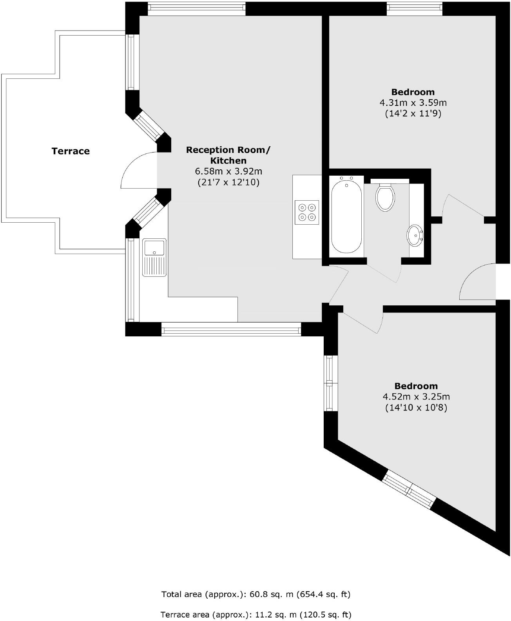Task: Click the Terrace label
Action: pyautogui.click(x=71, y=151)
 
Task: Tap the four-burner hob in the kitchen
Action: pyautogui.click(x=307, y=212)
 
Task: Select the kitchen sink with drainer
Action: pyautogui.click(x=154, y=257)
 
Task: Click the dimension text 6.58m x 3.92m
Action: pyautogui.click(x=228, y=171)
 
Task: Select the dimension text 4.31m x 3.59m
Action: pyautogui.click(x=413, y=103)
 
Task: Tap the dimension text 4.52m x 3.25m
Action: pyautogui.click(x=416, y=397)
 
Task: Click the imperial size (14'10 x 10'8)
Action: pyautogui.click(x=416, y=408)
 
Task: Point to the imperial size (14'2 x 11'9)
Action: pyautogui.click(x=413, y=114)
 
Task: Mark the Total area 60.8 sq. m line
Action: pyautogui.click(x=256, y=594)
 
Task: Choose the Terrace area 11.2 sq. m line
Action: pyautogui.click(x=256, y=614)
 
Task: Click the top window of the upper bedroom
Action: pyautogui.click(x=415, y=9)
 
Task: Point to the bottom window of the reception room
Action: pyautogui.click(x=231, y=329)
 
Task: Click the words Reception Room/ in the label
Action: pyautogui.click(x=228, y=150)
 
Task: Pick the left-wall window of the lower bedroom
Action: pyautogui.click(x=331, y=383)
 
